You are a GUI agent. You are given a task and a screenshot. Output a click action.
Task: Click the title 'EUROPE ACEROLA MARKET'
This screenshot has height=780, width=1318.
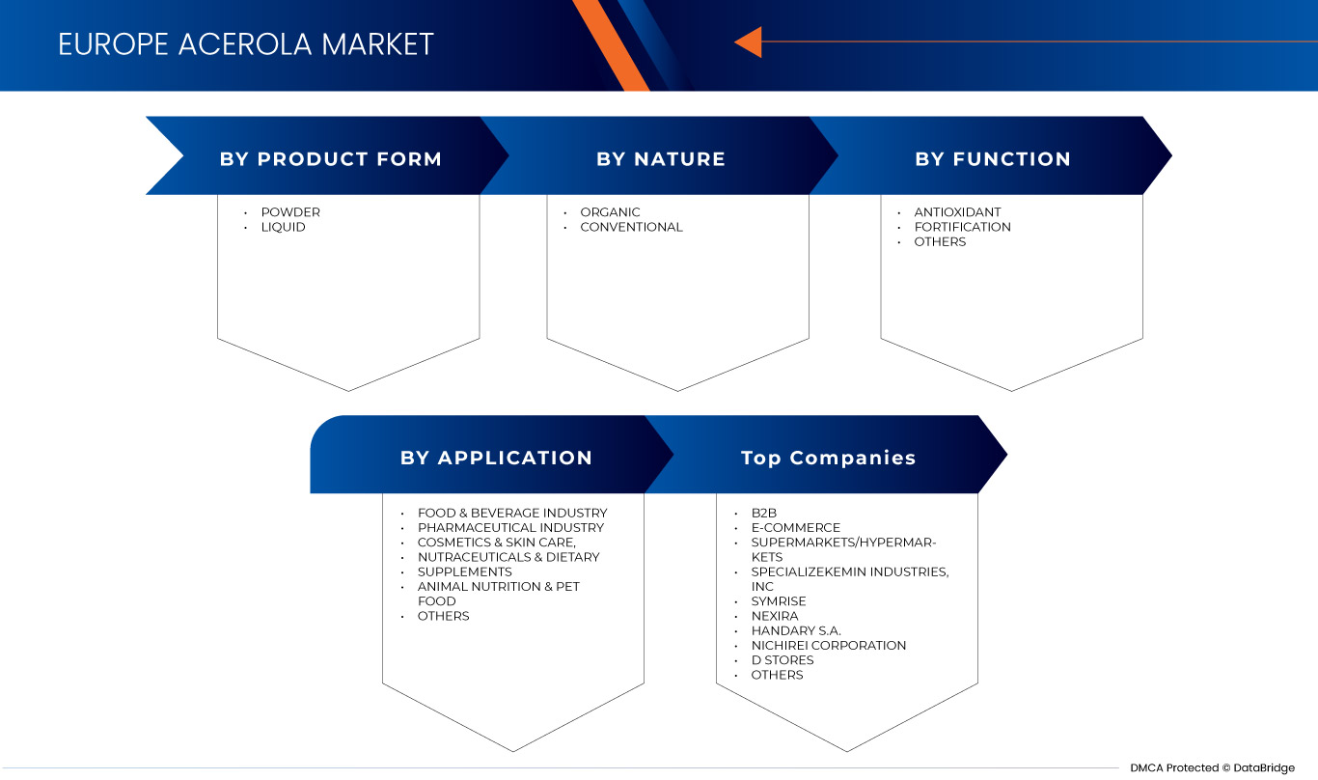click(246, 44)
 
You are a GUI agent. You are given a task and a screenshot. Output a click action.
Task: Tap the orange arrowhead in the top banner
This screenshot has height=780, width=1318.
click(749, 42)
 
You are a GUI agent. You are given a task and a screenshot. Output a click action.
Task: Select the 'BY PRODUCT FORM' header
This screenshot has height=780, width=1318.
click(331, 159)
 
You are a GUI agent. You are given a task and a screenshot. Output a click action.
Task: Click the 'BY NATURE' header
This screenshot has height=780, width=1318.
click(661, 159)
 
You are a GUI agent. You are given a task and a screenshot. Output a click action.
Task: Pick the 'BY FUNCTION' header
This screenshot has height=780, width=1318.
click(993, 159)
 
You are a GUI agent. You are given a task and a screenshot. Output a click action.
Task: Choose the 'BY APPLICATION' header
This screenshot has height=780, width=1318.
click(496, 458)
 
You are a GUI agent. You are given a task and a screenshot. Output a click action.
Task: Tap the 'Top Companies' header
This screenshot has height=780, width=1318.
click(829, 458)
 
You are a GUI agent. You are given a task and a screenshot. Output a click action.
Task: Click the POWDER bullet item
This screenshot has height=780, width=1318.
click(290, 212)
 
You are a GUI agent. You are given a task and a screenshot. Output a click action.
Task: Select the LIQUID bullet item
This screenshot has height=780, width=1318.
click(283, 227)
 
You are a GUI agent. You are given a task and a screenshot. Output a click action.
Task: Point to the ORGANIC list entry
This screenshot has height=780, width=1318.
click(610, 212)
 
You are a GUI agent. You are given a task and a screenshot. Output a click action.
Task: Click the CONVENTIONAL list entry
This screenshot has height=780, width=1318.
click(631, 227)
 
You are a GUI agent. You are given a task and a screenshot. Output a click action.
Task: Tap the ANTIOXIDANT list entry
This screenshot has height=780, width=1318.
click(957, 212)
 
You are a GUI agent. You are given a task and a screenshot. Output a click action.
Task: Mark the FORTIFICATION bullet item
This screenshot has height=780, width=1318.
click(962, 227)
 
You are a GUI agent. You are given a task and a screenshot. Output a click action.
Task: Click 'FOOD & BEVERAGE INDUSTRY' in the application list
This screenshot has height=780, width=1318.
click(512, 513)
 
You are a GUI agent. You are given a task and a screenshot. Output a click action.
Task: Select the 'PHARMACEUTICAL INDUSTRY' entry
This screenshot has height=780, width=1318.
click(510, 527)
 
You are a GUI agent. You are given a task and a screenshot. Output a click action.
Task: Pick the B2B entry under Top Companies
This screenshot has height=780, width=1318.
click(764, 513)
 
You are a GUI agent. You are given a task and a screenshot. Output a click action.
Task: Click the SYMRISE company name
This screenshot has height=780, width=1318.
click(779, 601)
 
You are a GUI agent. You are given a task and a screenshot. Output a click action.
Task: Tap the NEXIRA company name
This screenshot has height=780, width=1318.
click(775, 616)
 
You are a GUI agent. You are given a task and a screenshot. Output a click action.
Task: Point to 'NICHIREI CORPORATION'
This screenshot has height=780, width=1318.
click(829, 645)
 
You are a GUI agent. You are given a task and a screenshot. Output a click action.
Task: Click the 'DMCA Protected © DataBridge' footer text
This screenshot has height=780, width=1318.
click(1212, 767)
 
